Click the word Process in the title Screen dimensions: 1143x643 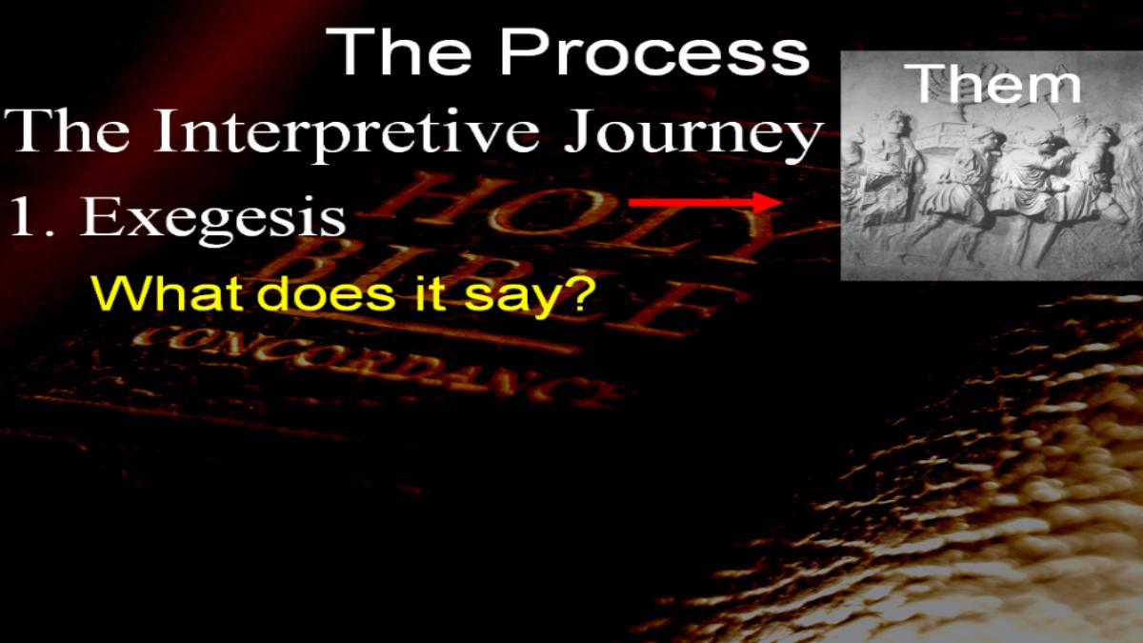click(x=654, y=51)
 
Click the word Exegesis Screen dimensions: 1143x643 click(x=212, y=217)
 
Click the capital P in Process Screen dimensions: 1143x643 click(x=520, y=51)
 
